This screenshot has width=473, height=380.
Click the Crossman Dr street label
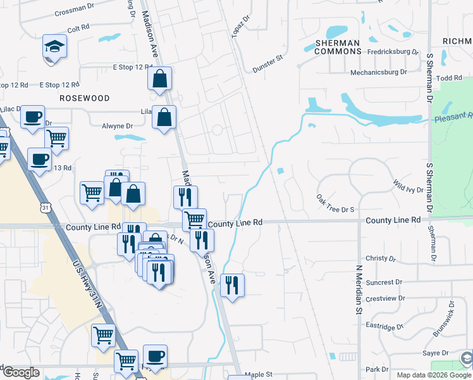75,12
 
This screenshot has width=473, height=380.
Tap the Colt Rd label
80,28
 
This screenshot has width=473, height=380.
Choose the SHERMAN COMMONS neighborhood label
337,47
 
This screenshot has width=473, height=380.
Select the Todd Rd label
450,78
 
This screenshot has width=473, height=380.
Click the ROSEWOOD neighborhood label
85,98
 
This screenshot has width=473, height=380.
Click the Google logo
21,372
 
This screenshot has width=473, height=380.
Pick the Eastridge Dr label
384,327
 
